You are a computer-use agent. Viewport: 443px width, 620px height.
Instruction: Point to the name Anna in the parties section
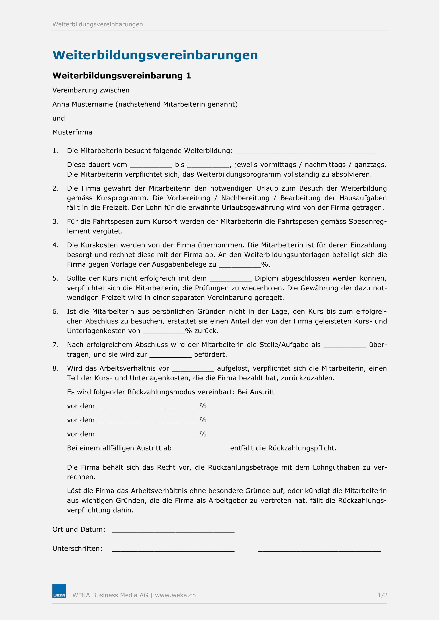pos(61,105)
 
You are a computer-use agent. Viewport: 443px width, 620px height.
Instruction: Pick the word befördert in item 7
pos(212,357)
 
